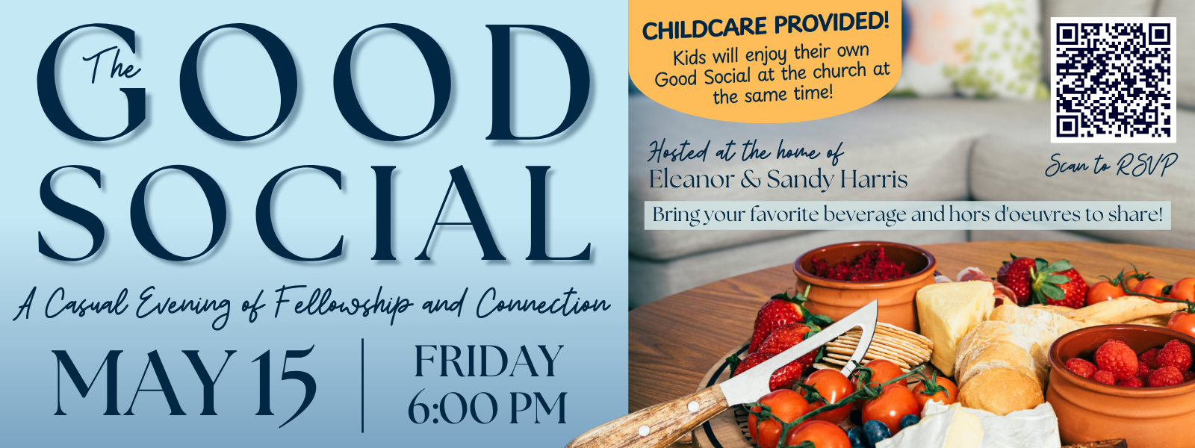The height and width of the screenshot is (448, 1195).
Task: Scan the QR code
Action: pos(1114,80)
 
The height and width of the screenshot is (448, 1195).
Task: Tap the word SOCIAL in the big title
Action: pos(314,214)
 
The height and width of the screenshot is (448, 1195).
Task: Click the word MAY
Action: pos(145,382)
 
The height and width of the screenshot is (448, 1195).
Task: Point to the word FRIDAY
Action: pos(489,361)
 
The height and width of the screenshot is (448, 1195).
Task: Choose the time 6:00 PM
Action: pos(488,408)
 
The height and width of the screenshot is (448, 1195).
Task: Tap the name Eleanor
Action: pos(692,179)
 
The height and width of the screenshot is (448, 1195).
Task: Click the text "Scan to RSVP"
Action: pos(1111,165)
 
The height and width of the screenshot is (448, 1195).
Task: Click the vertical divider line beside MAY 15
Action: pos(363,385)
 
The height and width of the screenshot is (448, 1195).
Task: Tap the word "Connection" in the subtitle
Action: pos(543,303)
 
